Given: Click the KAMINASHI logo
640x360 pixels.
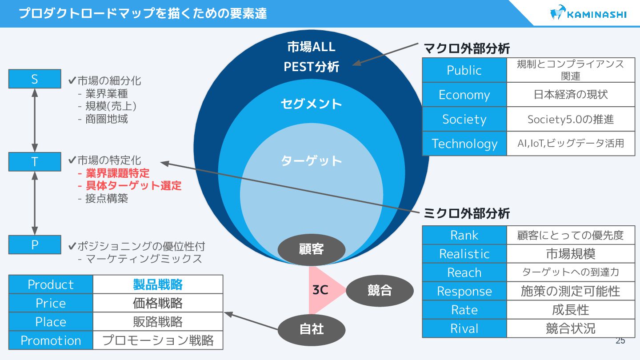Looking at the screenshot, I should pyautogui.click(x=588, y=13).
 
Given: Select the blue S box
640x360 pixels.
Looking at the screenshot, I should pyautogui.click(x=35, y=79).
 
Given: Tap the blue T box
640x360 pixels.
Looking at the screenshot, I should pyautogui.click(x=35, y=162).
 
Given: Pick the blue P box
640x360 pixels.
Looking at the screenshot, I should pyautogui.click(x=35, y=244).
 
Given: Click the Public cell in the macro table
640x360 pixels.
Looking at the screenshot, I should pyautogui.click(x=464, y=70).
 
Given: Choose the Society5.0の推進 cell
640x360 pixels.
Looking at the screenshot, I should pyautogui.click(x=571, y=119).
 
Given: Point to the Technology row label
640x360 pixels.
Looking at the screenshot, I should pyautogui.click(x=464, y=144).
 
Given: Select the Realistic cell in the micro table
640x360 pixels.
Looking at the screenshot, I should pyautogui.click(x=464, y=254).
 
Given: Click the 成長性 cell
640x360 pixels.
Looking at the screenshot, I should pyautogui.click(x=571, y=310).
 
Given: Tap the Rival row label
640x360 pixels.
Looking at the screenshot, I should pyautogui.click(x=464, y=328).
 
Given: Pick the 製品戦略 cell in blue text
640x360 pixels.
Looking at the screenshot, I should pyautogui.click(x=158, y=284).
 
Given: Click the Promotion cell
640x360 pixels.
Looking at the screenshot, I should pyautogui.click(x=51, y=340).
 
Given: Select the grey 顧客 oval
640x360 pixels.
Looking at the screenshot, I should pyautogui.click(x=311, y=249).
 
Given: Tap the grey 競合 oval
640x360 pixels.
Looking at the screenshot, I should pyautogui.click(x=380, y=291).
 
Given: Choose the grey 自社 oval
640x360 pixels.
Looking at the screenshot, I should pyautogui.click(x=311, y=329).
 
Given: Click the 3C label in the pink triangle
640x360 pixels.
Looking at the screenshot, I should pyautogui.click(x=320, y=291).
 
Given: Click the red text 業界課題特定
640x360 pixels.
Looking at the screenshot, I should pyautogui.click(x=117, y=173).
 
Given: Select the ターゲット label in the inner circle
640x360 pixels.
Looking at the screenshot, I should pyautogui.click(x=311, y=160).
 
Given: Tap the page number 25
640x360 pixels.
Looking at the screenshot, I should pyautogui.click(x=620, y=341).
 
